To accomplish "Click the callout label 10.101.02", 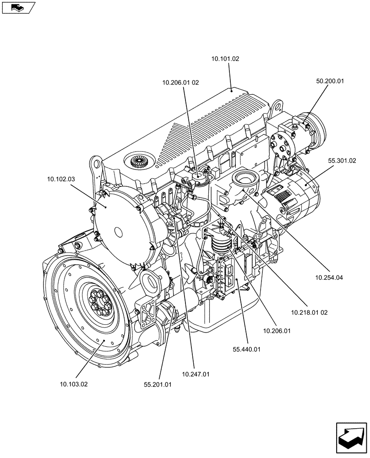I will [225, 59].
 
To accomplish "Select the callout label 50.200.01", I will [330, 81].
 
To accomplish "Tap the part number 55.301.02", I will [342, 161].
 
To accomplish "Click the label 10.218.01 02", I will [309, 312].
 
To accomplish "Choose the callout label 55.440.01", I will [246, 349].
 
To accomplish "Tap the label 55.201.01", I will [158, 385].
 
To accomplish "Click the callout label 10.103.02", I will [73, 384].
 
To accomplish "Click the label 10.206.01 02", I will [180, 83].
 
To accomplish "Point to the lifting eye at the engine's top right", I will [275, 108].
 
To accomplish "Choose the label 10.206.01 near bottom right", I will [277, 330].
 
